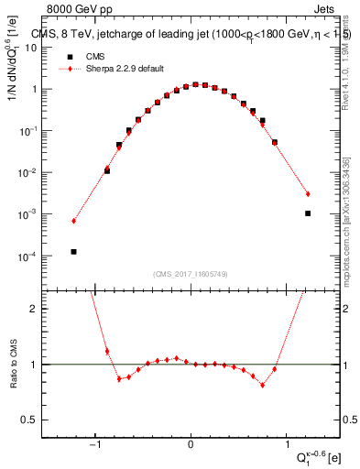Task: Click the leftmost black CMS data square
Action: coord(73,251)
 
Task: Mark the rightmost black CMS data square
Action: coord(308,213)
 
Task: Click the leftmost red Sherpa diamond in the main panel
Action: coord(73,221)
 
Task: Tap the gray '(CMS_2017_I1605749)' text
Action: coord(191,274)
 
